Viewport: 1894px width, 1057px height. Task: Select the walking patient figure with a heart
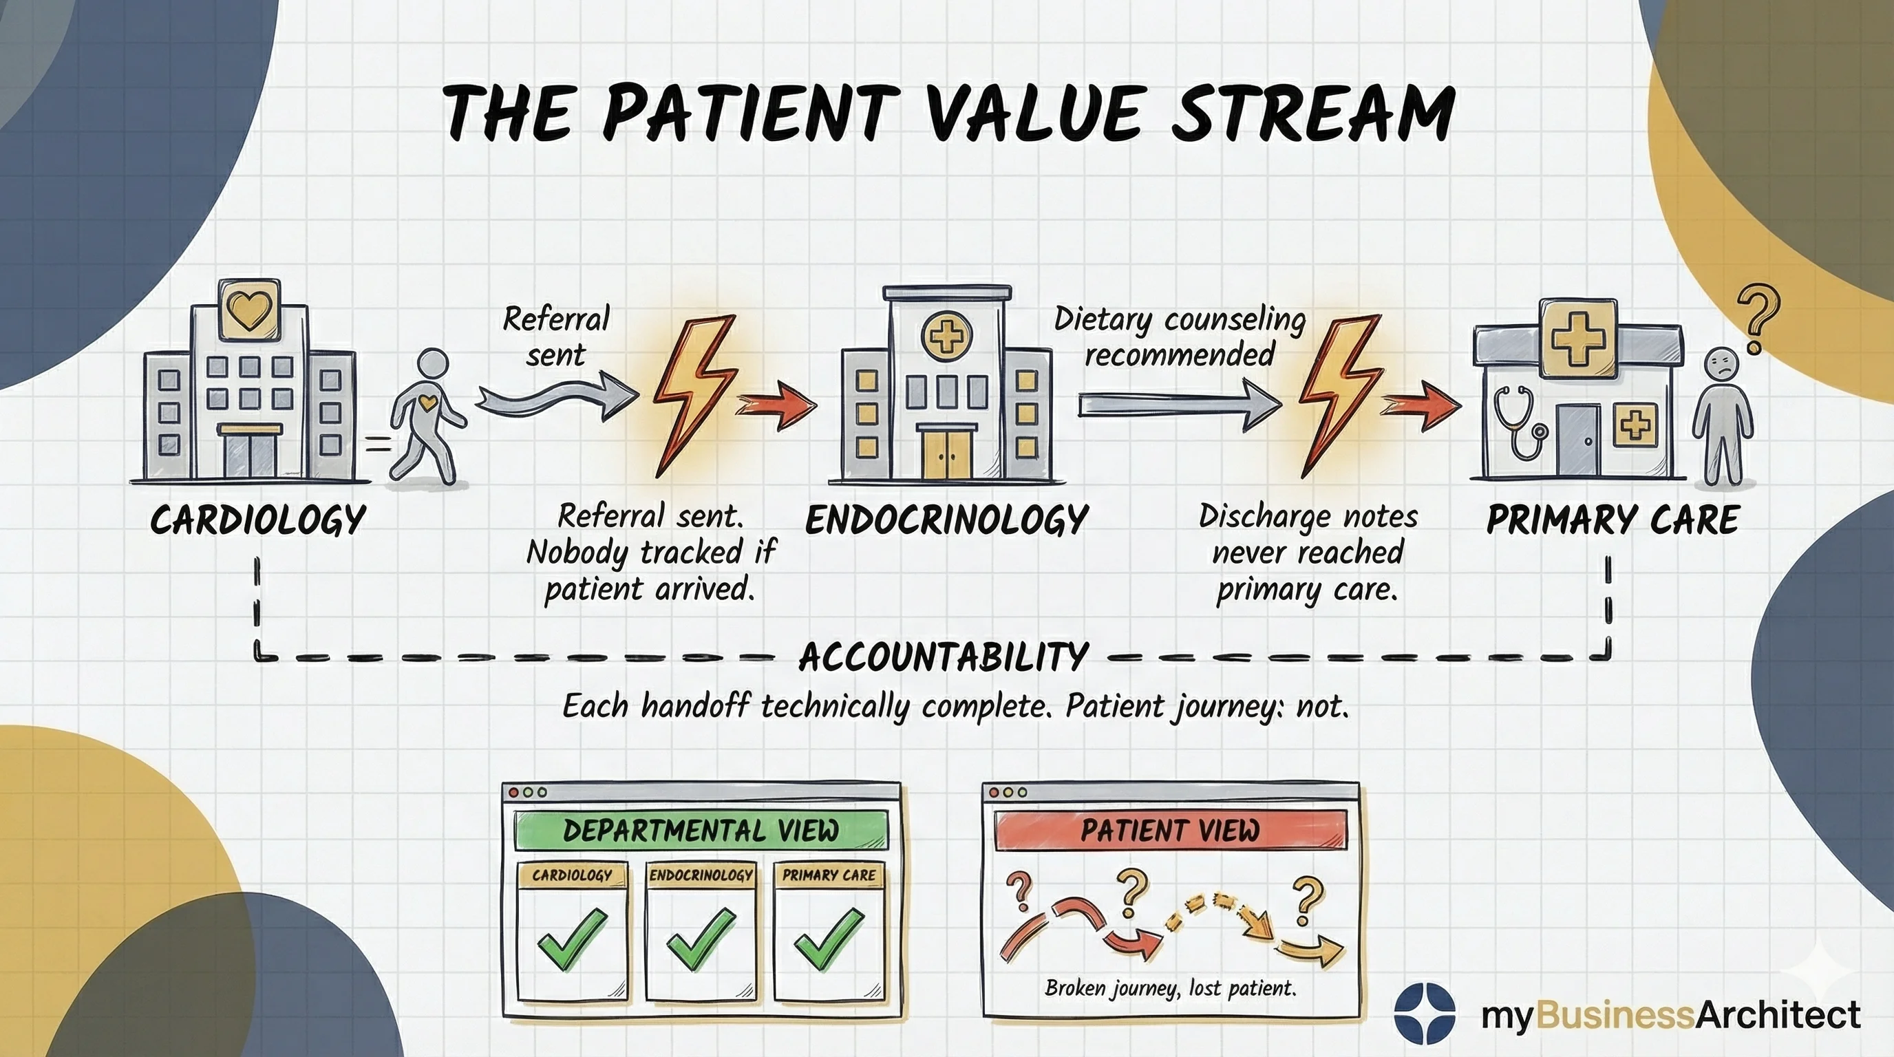(427, 416)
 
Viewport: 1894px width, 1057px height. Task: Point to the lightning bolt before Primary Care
(1338, 396)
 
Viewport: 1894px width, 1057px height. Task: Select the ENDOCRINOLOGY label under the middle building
(946, 520)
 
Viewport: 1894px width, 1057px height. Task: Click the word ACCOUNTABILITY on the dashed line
(944, 656)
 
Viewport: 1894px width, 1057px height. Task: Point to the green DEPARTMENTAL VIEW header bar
(701, 831)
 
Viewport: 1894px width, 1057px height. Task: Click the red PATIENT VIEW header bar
(1171, 831)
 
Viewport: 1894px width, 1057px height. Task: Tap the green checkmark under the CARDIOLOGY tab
(573, 939)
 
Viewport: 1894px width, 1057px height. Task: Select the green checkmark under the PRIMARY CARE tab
(829, 939)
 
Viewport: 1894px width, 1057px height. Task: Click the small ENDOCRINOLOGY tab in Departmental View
(701, 875)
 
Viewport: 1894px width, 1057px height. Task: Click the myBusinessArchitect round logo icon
(1425, 1013)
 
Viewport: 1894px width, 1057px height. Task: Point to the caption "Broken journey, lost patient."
(1171, 988)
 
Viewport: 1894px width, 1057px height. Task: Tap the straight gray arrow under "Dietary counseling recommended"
(1180, 405)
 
